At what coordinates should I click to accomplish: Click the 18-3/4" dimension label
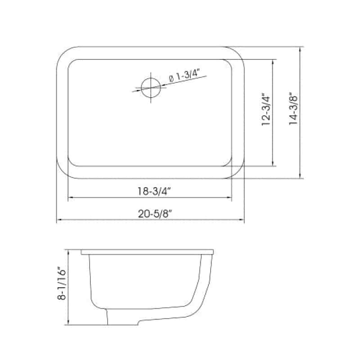154,191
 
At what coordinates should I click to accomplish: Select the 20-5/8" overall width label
155,214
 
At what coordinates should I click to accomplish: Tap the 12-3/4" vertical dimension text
266,109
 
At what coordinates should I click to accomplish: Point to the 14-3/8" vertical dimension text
293,108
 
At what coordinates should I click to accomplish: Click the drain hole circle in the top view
151,87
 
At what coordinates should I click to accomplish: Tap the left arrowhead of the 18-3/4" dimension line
71,197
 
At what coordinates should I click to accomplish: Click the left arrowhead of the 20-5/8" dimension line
59,220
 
